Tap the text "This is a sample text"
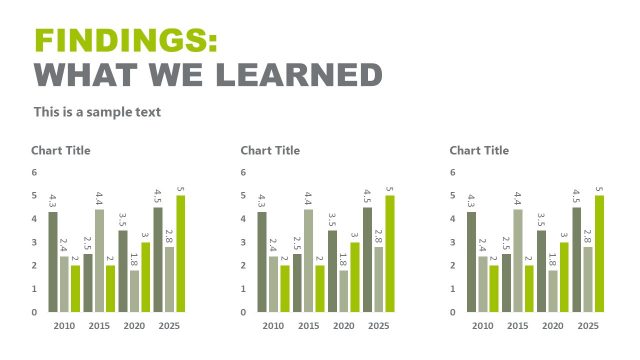97,112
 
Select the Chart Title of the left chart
60,150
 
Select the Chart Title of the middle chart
270,150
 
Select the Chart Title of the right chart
479,150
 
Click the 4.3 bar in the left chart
53,262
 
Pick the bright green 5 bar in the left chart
180,253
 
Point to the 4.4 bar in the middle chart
309,260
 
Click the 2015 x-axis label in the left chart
99,327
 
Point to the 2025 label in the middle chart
379,327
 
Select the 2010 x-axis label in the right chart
483,327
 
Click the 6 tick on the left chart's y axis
34,172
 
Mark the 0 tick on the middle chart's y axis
243,312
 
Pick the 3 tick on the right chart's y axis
453,242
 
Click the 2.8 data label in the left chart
169,237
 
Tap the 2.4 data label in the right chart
483,246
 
